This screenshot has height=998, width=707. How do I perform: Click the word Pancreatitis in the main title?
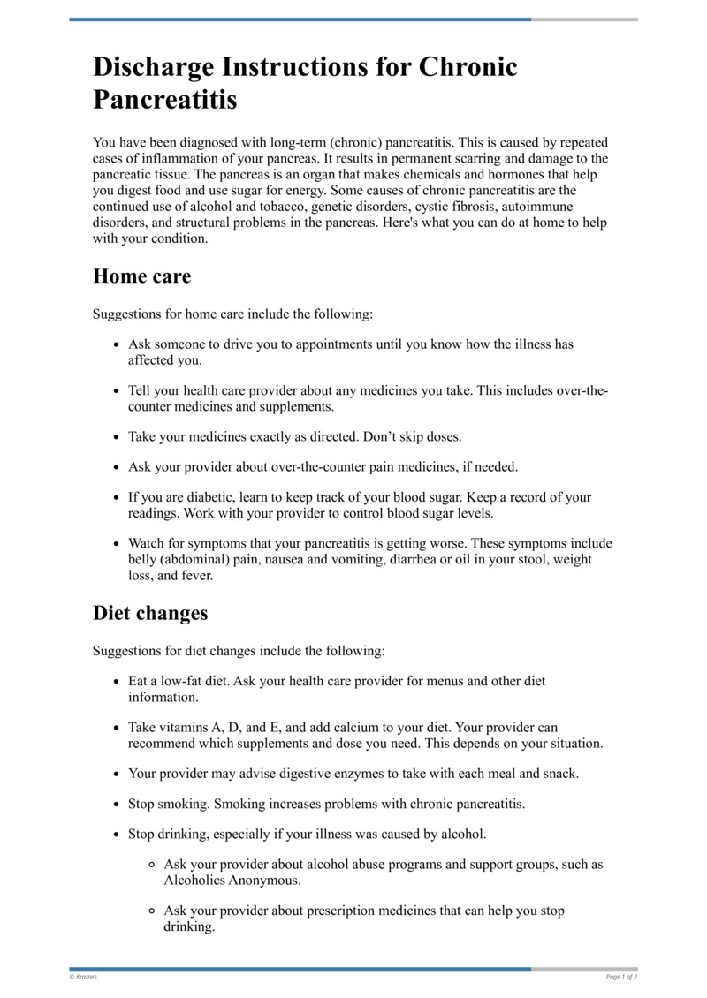(165, 99)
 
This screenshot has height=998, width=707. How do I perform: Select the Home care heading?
(141, 276)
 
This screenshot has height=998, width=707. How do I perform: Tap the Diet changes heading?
(150, 612)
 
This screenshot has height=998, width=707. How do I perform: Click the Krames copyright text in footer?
(85, 977)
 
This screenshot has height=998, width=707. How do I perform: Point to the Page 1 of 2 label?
(621, 977)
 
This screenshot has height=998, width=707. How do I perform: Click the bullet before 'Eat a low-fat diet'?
(118, 682)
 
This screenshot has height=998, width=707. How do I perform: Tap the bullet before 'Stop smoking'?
(118, 805)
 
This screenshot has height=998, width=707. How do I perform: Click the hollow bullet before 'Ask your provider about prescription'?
(153, 911)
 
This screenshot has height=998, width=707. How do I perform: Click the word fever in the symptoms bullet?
(195, 575)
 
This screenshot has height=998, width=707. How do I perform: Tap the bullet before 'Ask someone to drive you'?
(118, 344)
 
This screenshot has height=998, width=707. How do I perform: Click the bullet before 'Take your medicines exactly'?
(118, 437)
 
